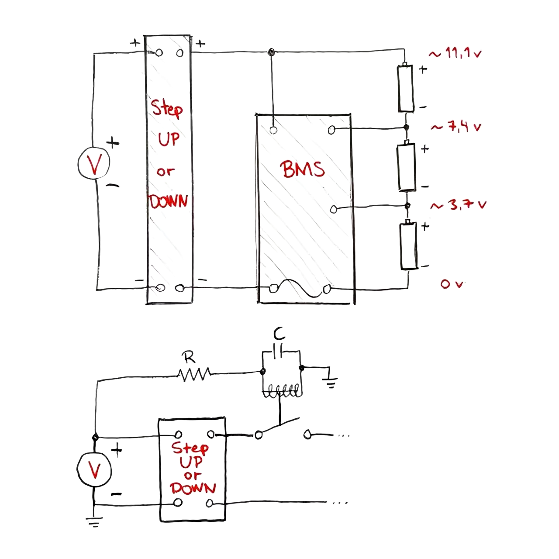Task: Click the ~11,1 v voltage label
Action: tap(455, 54)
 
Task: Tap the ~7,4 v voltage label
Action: tap(456, 127)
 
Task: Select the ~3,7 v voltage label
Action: tap(458, 205)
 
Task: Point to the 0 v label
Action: tap(451, 283)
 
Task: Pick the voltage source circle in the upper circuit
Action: tap(94, 163)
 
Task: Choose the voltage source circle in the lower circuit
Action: tap(94, 469)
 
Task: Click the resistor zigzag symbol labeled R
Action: tap(194, 374)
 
